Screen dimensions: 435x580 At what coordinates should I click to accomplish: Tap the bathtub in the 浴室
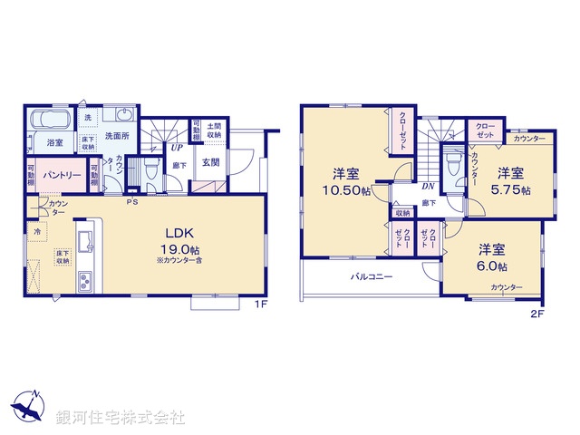click(x=46, y=120)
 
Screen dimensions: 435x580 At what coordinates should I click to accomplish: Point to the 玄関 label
click(x=210, y=162)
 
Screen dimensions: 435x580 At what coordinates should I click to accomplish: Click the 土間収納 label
click(x=214, y=130)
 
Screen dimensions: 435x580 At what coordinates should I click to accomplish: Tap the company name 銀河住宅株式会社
click(x=121, y=418)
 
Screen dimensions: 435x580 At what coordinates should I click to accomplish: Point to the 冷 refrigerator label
click(x=37, y=233)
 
